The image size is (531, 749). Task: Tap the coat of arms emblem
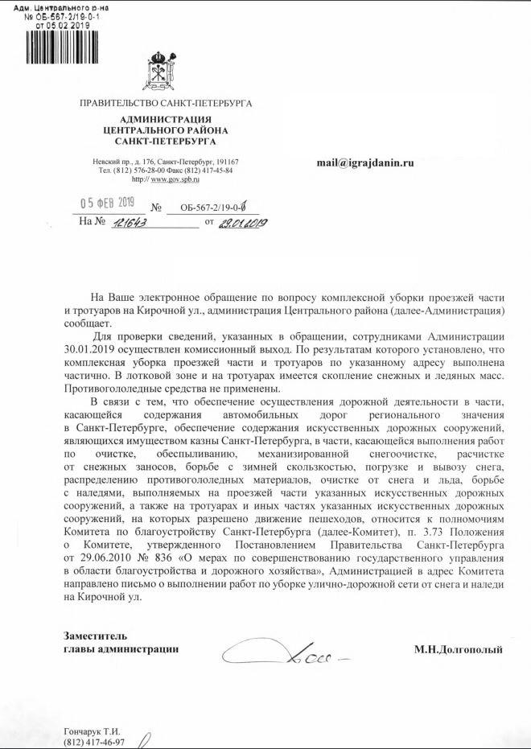[165, 71]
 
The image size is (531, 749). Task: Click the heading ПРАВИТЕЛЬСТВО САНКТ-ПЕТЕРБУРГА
[166, 104]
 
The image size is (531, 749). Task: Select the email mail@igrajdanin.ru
[364, 162]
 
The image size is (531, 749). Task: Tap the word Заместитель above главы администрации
[95, 636]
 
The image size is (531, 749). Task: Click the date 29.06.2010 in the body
[91, 558]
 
